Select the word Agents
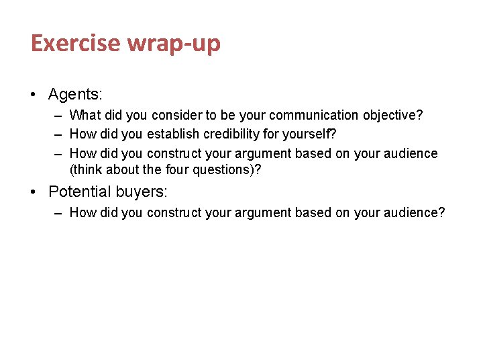74,93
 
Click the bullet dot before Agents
33,93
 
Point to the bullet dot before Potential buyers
33,192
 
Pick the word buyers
142,192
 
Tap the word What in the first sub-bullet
85,115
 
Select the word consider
174,115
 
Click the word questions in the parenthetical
226,169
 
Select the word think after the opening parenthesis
87,169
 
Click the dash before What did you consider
58,115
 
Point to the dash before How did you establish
58,134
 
